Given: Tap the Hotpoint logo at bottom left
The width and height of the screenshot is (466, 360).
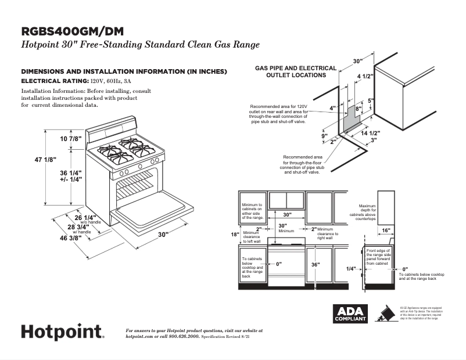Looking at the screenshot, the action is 63,332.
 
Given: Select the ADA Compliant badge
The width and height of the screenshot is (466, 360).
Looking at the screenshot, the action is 350,314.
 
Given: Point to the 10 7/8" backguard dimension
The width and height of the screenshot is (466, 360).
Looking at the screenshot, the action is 71,139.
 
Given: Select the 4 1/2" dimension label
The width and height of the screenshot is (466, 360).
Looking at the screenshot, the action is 364,76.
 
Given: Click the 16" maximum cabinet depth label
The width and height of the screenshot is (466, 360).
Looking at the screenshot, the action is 386,231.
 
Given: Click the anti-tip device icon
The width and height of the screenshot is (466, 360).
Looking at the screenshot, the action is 384,314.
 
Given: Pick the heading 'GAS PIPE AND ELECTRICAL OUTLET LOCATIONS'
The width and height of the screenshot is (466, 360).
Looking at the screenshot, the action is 295,71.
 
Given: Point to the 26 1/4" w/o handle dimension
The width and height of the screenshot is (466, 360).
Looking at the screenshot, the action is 85,218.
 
